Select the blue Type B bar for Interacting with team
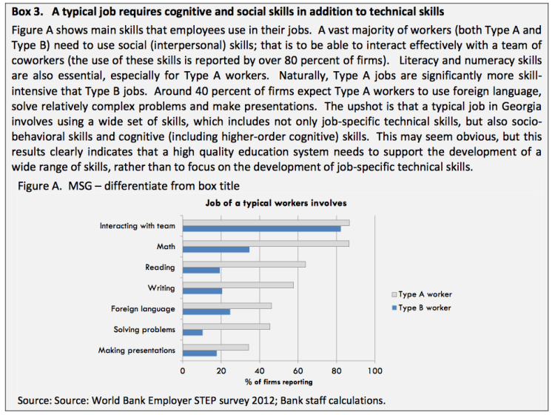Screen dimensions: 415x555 click(x=261, y=229)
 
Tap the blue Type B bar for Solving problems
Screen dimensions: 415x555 click(x=192, y=333)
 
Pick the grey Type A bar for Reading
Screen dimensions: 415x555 click(x=243, y=264)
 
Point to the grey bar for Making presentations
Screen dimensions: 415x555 click(x=215, y=347)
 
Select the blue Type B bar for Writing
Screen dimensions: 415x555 click(x=202, y=291)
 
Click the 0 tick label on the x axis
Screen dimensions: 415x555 click(x=183, y=370)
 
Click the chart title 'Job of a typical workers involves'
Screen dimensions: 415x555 click(x=276, y=202)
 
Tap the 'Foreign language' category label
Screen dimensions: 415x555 click(x=143, y=308)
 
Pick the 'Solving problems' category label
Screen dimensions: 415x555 click(x=144, y=329)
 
